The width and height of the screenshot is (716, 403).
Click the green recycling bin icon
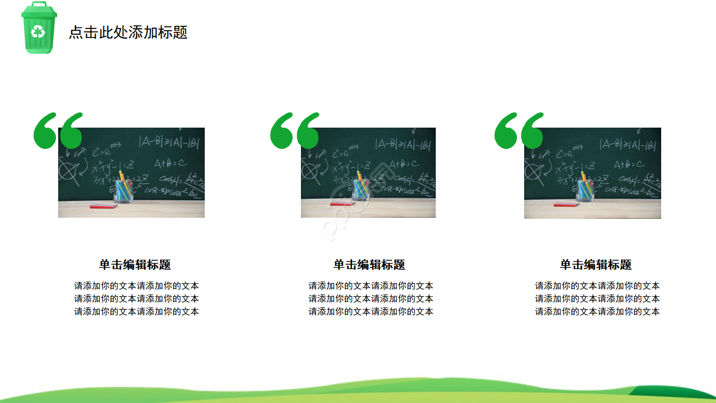tap(39, 28)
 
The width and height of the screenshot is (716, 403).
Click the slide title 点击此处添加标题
tap(128, 32)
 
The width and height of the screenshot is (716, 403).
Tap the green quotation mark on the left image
tap(58, 131)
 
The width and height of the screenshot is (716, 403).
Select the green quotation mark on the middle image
tap(294, 131)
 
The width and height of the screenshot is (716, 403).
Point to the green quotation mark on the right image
tap(519, 131)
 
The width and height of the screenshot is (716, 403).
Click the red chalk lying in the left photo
tap(103, 206)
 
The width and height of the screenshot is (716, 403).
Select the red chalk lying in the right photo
tap(566, 204)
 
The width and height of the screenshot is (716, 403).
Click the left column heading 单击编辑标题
tap(135, 265)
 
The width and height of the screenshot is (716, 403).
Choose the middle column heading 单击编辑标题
tap(369, 265)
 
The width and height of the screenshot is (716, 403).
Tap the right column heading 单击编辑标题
tap(596, 265)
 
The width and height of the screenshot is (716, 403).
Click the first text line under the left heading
tap(136, 286)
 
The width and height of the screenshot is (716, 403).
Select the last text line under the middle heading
tap(371, 312)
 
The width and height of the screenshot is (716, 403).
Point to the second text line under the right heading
tap(597, 299)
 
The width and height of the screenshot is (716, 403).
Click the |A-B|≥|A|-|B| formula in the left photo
tap(169, 142)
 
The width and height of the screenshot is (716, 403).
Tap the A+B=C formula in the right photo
tap(629, 165)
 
